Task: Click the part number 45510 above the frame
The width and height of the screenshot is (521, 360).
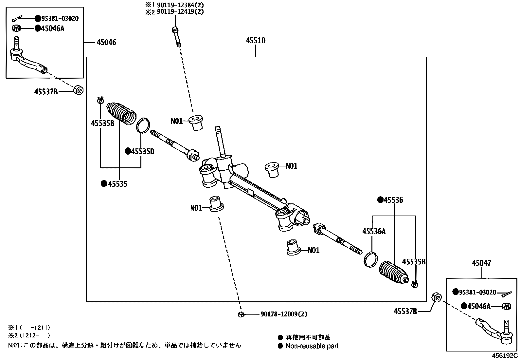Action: click(256, 41)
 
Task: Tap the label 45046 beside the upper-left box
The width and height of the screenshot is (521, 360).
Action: click(106, 43)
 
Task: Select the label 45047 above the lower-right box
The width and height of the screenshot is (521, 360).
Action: click(481, 263)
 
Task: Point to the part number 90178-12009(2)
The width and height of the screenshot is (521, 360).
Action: click(284, 314)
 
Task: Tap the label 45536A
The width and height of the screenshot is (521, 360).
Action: click(374, 232)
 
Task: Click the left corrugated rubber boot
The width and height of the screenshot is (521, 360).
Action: click(121, 113)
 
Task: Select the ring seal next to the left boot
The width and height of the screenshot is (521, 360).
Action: click(143, 125)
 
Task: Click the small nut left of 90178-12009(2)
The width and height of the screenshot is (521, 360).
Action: click(241, 314)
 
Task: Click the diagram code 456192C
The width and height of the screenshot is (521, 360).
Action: click(504, 355)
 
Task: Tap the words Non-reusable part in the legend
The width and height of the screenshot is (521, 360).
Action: click(312, 346)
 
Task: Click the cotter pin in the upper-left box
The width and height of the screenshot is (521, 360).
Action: click(24, 19)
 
